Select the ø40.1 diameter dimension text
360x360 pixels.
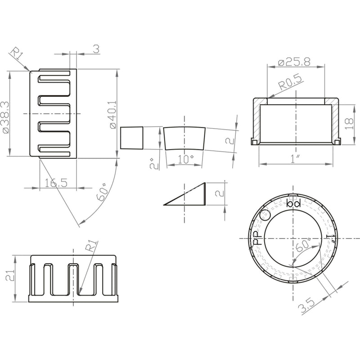tap(113, 115)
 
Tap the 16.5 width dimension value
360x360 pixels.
tap(56, 183)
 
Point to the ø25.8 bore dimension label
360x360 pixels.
tap(294, 62)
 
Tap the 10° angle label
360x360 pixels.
tap(185, 159)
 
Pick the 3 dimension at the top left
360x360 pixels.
tap(97, 49)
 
